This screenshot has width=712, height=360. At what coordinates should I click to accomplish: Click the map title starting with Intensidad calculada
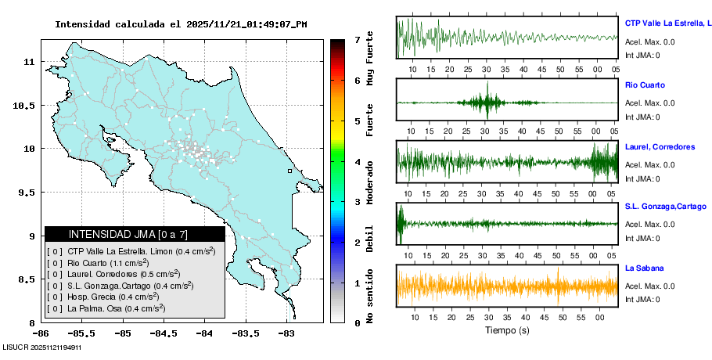[x=181, y=24]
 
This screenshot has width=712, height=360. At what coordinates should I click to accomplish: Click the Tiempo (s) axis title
[x=507, y=330]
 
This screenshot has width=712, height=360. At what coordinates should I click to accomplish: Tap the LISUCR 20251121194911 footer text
[x=42, y=347]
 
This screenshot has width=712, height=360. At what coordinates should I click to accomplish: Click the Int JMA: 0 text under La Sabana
[x=642, y=300]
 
